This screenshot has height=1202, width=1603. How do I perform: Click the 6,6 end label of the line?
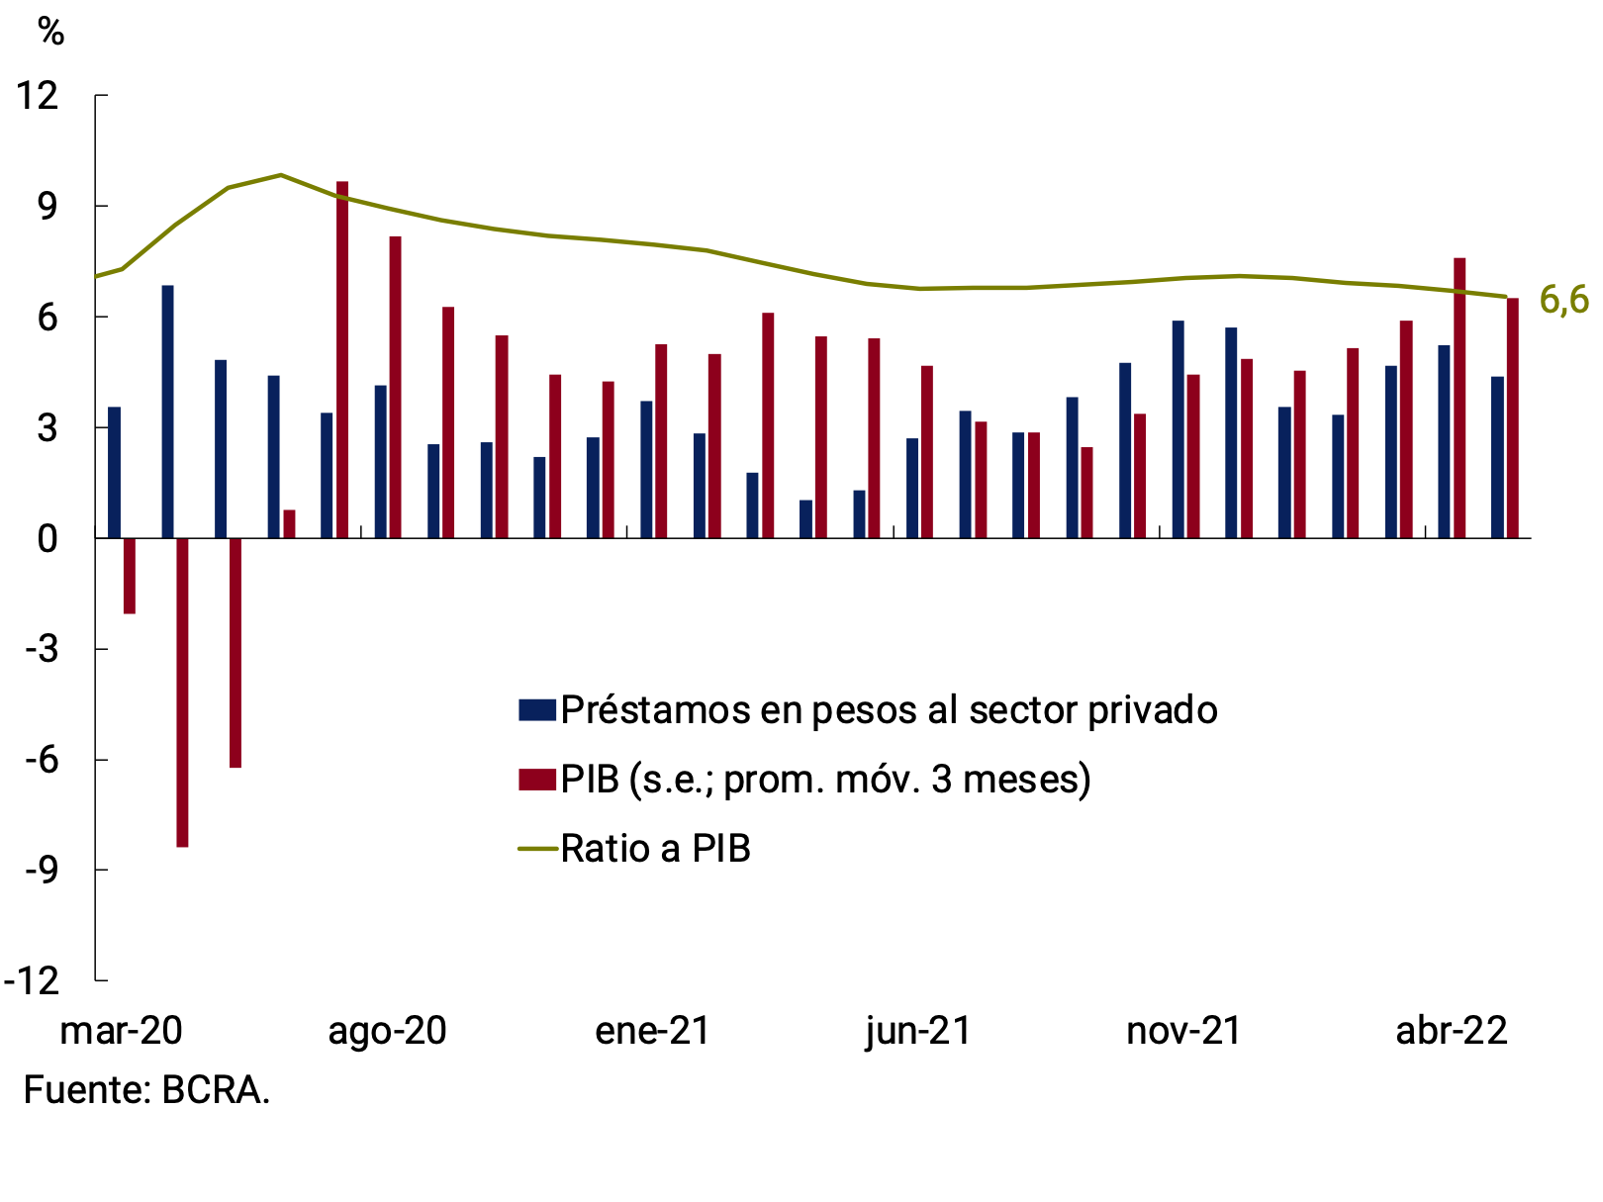click(x=1563, y=301)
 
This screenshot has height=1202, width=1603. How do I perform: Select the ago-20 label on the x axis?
click(x=387, y=1031)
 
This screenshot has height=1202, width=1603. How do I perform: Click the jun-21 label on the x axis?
click(x=918, y=1031)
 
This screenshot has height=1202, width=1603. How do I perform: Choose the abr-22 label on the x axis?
click(x=1451, y=1031)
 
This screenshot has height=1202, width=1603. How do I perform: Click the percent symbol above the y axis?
click(x=50, y=32)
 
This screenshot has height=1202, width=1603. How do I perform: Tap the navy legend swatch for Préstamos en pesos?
click(x=536, y=709)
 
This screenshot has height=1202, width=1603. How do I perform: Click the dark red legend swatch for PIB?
click(x=536, y=779)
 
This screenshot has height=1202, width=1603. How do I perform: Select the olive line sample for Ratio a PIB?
click(x=536, y=849)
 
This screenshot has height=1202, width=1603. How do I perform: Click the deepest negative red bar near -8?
click(x=182, y=693)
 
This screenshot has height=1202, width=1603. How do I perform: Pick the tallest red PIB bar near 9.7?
click(x=342, y=359)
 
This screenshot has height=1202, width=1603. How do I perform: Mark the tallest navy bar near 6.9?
click(x=167, y=412)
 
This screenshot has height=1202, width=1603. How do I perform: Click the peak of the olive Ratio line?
click(x=281, y=175)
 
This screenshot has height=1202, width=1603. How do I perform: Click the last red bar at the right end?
click(x=1512, y=417)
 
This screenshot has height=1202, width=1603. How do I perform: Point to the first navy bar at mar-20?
click(x=114, y=472)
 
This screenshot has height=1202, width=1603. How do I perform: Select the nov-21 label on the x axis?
click(x=1183, y=1031)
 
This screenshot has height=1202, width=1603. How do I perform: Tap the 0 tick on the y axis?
click(x=47, y=539)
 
